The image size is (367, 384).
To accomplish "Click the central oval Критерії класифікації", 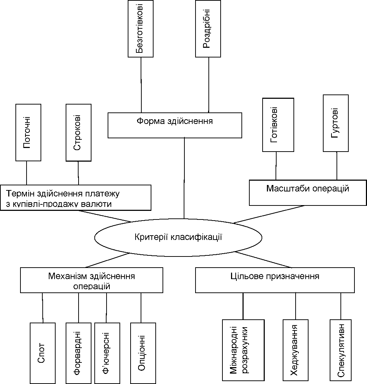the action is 178,237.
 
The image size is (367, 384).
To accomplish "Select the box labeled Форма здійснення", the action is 175,125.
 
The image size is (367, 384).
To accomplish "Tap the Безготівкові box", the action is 141,29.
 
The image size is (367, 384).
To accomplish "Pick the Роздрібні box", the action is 208,29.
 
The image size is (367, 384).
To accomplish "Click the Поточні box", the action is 28,133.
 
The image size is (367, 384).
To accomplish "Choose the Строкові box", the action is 79,133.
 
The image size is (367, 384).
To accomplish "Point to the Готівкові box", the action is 278,125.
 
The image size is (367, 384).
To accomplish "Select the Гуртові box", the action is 336,123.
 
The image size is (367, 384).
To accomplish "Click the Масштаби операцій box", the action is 308,193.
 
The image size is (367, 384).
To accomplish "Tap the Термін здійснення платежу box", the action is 76,198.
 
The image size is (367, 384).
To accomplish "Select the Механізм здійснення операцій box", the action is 91,280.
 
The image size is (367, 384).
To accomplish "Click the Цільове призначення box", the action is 275,280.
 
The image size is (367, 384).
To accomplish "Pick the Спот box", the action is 43,353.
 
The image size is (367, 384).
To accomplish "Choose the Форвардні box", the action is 79,353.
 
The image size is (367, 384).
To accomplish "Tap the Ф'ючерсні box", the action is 107,353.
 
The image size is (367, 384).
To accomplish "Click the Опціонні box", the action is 143,353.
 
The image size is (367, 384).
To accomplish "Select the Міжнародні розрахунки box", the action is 243,350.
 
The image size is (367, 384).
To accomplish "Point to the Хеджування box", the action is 295,350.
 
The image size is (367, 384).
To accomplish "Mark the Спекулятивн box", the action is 340,350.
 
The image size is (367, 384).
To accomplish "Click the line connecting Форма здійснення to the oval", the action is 184,178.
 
